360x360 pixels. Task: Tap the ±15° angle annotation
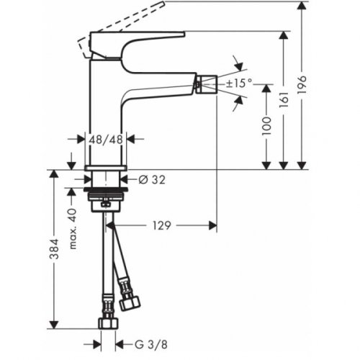click(x=239, y=84)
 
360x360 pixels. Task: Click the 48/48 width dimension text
click(x=106, y=138)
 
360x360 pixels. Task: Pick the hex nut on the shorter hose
click(x=130, y=302)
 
